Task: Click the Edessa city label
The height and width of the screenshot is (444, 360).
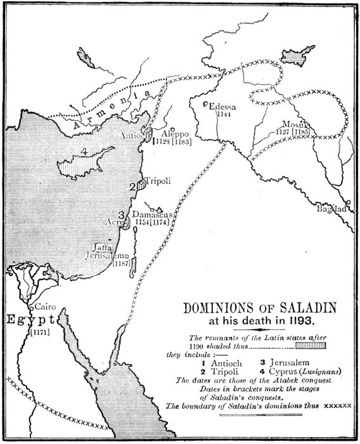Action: click(222, 107)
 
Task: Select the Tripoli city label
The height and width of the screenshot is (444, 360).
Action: click(156, 181)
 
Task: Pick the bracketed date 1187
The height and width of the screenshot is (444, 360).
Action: click(122, 263)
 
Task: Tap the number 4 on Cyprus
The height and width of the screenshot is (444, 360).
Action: click(84, 152)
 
